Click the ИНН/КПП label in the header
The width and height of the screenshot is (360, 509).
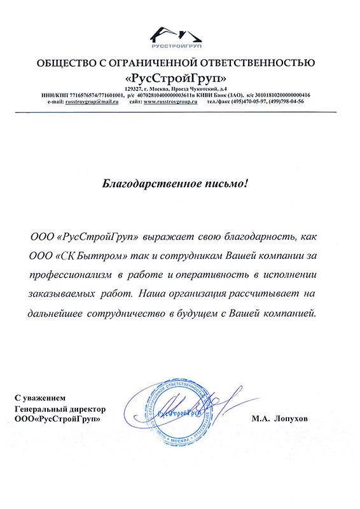click(x=56, y=95)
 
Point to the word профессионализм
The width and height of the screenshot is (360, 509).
click(x=69, y=275)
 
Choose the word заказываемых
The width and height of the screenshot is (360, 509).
click(x=58, y=295)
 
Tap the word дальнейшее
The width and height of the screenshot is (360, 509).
click(x=62, y=314)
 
